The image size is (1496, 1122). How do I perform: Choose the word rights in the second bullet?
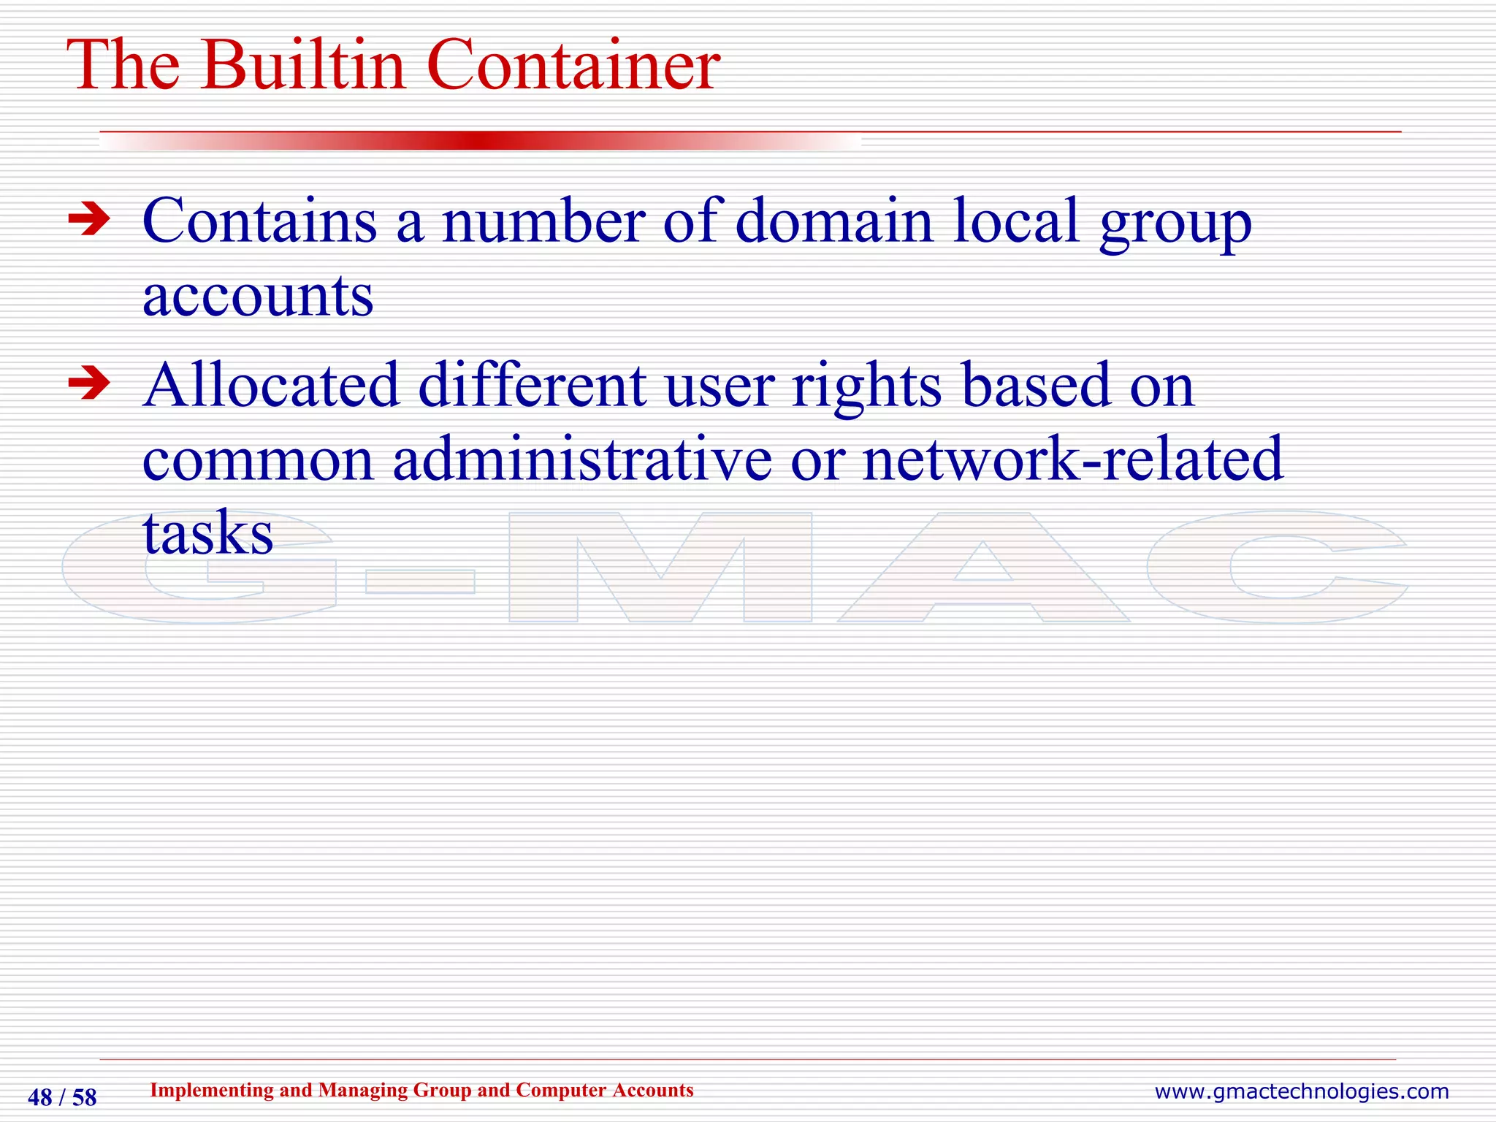pos(867,387)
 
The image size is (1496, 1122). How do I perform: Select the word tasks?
pos(207,533)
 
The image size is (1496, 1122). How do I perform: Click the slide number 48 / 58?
pos(62,1098)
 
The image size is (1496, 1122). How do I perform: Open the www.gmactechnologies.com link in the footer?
pos(1301,1092)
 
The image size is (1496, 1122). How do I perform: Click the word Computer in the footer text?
pos(562,1090)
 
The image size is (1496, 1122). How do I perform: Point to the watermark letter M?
pos(660,568)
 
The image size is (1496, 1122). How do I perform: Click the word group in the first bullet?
pos(1176,224)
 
